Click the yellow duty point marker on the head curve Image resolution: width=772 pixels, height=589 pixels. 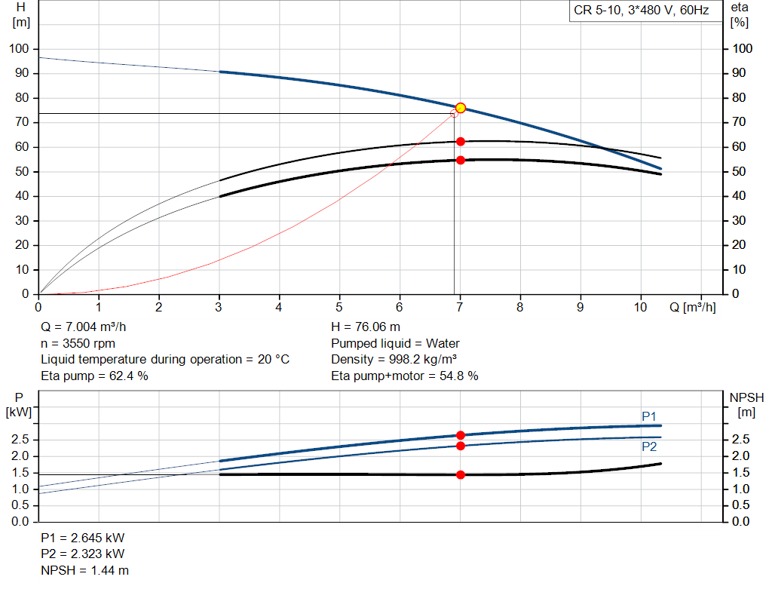pos(461,108)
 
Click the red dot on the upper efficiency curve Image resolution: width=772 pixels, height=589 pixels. pos(461,141)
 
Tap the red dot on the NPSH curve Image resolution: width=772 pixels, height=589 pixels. pos(461,474)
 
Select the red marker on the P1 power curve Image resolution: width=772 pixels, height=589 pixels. pos(461,435)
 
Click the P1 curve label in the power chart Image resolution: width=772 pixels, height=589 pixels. pos(649,416)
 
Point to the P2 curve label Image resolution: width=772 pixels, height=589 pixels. pos(649,446)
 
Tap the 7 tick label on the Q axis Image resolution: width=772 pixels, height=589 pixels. pos(460,307)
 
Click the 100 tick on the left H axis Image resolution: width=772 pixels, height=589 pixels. pos(19,49)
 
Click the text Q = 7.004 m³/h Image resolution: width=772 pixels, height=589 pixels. pos(89,327)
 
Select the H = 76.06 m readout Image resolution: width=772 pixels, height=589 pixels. pos(366,327)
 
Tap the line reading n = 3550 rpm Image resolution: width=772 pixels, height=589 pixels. pos(78,343)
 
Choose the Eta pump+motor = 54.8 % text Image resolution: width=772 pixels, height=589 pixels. pos(404,375)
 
